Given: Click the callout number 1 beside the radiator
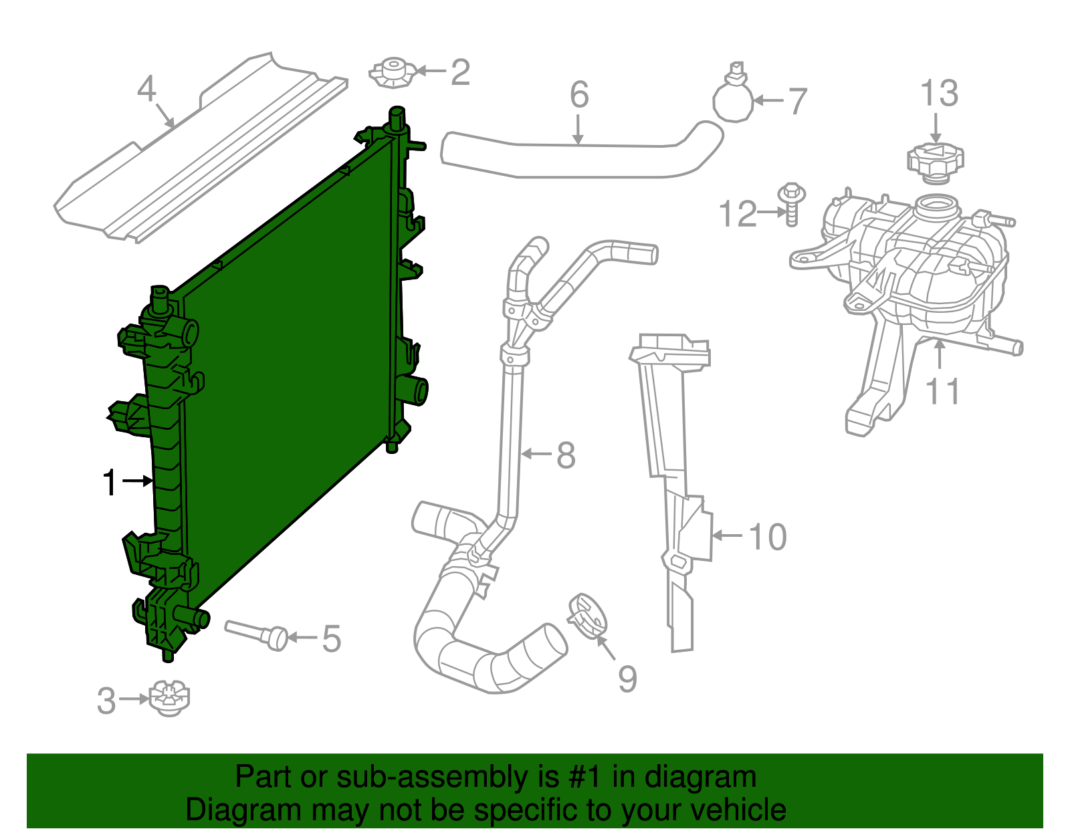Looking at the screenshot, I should tap(110, 483).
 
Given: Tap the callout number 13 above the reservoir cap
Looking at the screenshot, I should tap(939, 94).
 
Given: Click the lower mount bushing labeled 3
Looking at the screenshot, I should tap(169, 699).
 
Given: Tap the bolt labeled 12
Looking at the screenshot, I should tap(792, 205).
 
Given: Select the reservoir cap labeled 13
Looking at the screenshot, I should tap(935, 161).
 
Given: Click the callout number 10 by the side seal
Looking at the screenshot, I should tap(768, 537).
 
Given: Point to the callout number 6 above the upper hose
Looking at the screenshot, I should tap(579, 95).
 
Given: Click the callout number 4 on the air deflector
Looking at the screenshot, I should tap(146, 88).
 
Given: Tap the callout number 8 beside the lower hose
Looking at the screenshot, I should tap(566, 455).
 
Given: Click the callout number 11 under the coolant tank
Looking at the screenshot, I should tap(943, 392).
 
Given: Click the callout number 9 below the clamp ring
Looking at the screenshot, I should tap(627, 679).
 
